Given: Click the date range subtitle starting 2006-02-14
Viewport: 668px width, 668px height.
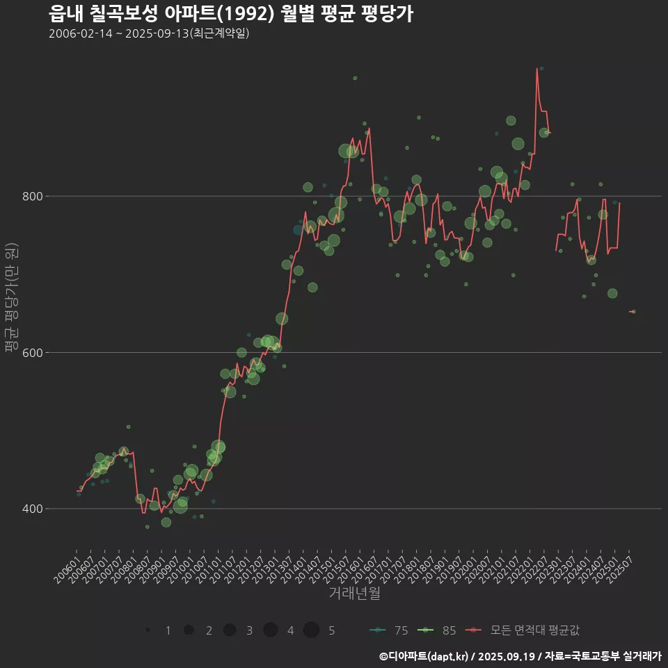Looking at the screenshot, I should point(149,33).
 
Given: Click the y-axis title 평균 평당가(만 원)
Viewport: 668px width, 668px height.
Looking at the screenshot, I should point(11,299).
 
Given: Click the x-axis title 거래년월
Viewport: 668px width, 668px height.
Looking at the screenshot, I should point(354,594).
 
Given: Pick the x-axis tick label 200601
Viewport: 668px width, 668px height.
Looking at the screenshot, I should point(65,568).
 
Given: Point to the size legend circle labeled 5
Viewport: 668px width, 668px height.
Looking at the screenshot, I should point(311,630).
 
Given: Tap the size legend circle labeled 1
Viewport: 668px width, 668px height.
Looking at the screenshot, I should point(148,630).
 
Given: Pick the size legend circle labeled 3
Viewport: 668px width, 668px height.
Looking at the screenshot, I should point(230,630).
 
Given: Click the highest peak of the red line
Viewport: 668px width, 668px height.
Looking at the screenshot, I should point(537,68).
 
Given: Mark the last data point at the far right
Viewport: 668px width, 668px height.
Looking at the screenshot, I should point(633,312).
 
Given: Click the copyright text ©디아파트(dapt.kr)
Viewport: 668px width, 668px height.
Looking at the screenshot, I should point(424,655).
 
